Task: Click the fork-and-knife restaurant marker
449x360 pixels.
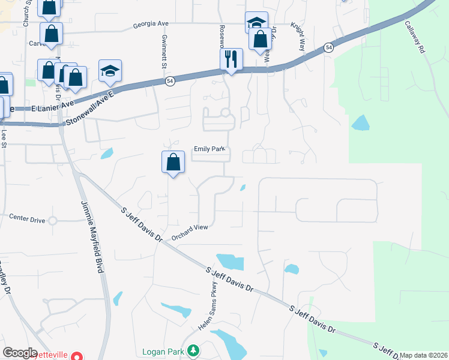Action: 231,59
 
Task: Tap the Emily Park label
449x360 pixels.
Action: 208,149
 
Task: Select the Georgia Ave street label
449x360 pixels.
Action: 151,25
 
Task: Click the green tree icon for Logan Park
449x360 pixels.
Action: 193,350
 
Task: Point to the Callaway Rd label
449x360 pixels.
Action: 415,38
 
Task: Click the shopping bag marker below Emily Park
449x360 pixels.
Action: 173,162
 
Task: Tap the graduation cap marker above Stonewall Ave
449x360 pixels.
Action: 110,71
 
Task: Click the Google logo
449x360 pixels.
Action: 20,352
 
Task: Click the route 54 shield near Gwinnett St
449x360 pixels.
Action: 170,82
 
